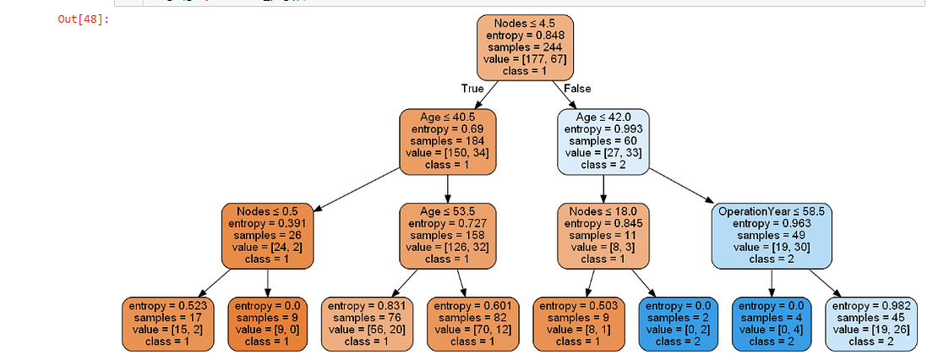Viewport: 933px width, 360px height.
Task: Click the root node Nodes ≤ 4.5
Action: point(525,46)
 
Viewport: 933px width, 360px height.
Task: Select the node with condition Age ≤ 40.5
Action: point(447,140)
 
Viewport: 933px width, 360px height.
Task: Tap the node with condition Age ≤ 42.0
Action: point(603,140)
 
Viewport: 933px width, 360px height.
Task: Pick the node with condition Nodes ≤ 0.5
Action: point(268,234)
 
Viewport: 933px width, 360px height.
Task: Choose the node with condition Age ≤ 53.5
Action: point(447,234)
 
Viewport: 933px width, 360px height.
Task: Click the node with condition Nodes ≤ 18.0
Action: point(603,234)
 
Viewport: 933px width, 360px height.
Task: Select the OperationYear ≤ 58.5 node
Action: point(771,234)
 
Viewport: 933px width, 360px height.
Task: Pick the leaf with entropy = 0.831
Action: point(369,323)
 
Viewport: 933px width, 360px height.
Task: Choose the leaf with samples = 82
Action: point(472,323)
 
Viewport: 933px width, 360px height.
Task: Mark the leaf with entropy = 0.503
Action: point(580,323)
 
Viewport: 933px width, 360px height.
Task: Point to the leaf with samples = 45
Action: point(871,323)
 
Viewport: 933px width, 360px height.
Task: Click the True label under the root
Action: point(472,88)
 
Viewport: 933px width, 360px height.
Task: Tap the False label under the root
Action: point(577,88)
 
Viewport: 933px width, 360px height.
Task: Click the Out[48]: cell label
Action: point(83,19)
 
